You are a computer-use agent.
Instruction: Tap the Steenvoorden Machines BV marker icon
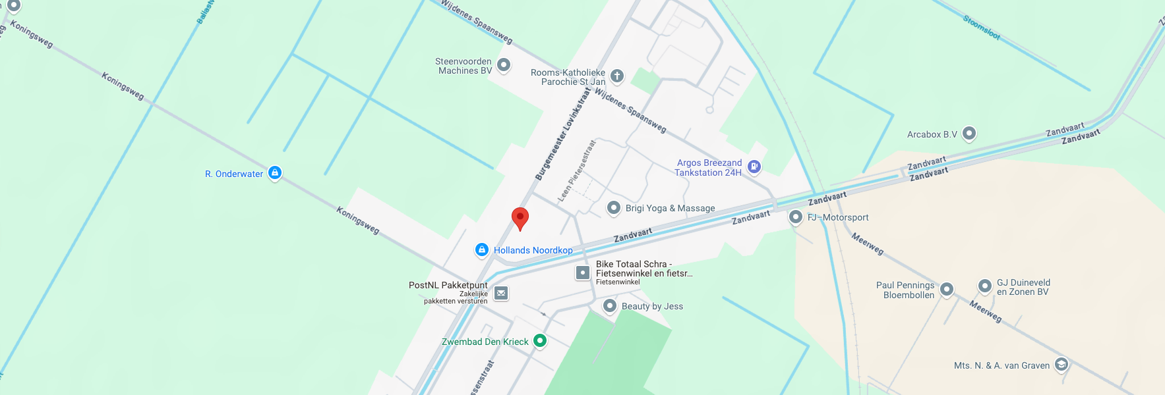pos(504,65)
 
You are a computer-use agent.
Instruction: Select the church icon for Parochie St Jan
pos(616,76)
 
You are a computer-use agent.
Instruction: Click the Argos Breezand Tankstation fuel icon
pos(754,167)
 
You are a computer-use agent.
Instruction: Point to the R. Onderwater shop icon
pos(275,172)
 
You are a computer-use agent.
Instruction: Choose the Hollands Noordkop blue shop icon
pos(482,250)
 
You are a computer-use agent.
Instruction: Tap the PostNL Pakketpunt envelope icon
pos(501,293)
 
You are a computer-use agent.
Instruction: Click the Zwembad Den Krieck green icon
pos(540,340)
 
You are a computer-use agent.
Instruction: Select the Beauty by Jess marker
pos(610,305)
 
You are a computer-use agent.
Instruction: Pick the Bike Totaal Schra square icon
pos(583,272)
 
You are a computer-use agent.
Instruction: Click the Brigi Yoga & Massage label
pos(670,208)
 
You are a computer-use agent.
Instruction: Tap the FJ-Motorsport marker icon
pos(796,217)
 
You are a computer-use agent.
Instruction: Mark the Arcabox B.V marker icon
pos(969,133)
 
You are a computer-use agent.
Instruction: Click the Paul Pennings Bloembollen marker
pos(947,288)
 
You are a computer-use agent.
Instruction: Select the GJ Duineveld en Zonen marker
pos(984,286)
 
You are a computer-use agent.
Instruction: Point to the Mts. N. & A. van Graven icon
pos(1061,364)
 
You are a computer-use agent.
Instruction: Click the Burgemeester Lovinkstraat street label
pos(562,135)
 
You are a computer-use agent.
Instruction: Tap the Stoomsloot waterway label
pos(981,28)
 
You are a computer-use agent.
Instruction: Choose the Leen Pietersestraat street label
pos(576,171)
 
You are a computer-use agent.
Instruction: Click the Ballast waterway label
pos(205,12)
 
